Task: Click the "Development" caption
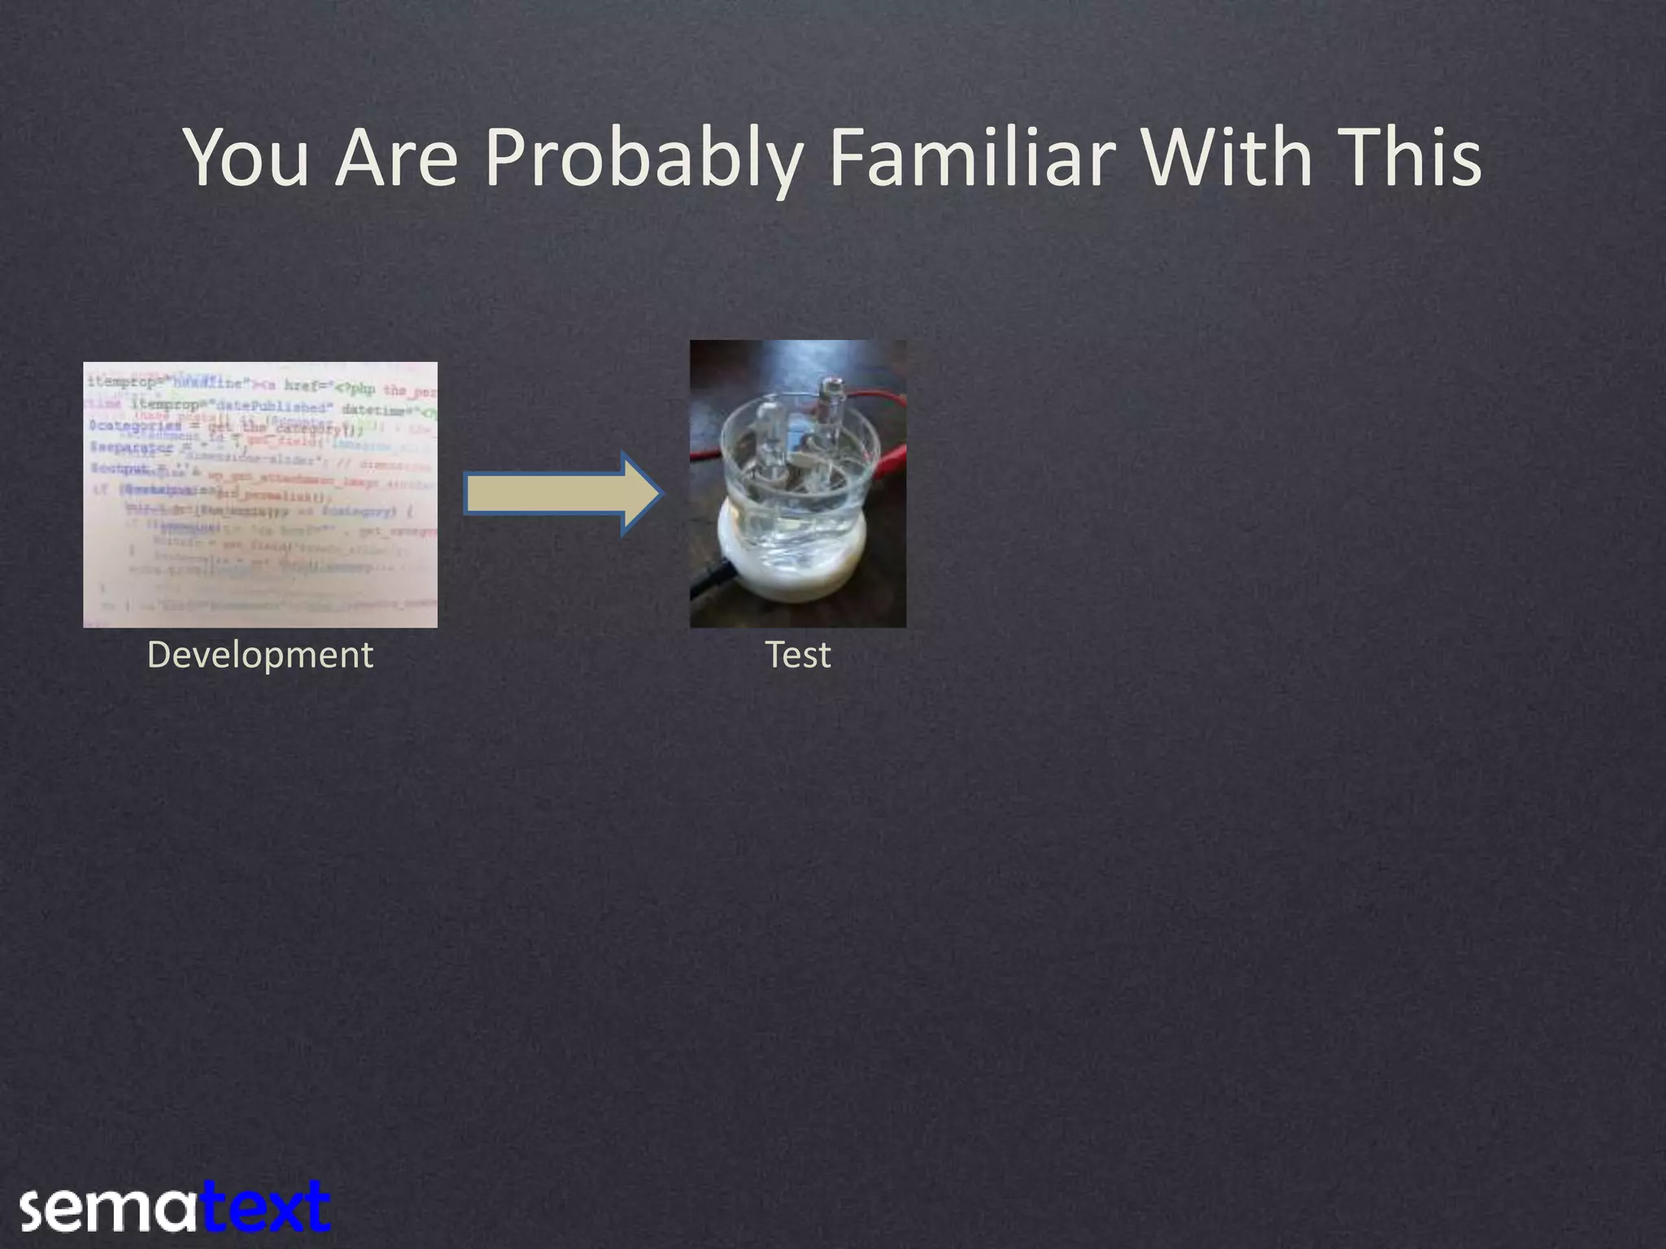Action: [259, 655]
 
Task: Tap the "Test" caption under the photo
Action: [798, 655]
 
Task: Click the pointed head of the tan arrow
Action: [643, 494]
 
